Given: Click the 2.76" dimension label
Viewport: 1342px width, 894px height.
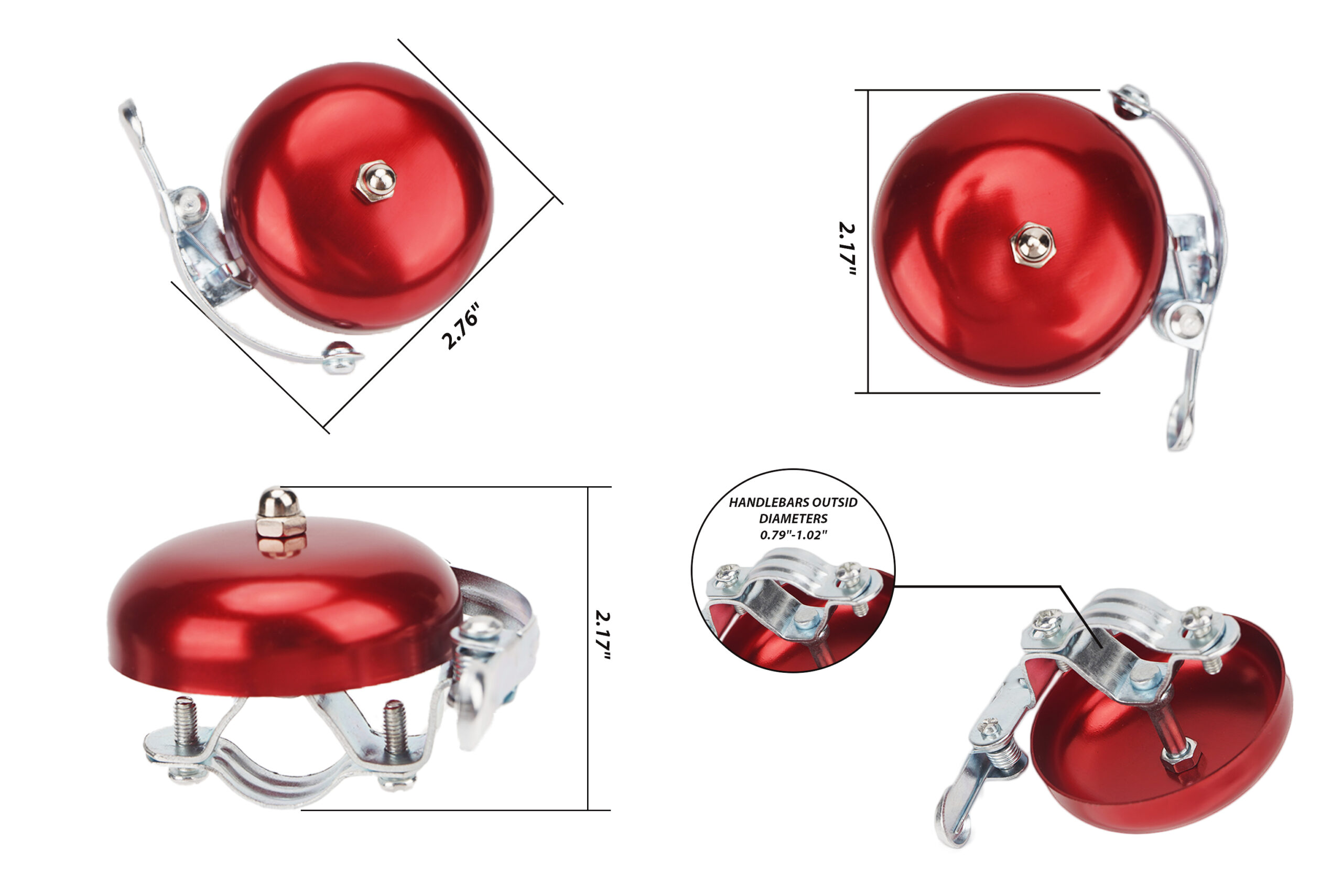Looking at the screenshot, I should pos(460,326).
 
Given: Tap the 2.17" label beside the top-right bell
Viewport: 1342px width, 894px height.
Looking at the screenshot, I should pos(848,248).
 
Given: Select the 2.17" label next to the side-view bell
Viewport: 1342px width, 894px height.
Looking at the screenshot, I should pos(602,636).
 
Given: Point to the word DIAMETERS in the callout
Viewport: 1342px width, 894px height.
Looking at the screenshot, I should pos(793,519).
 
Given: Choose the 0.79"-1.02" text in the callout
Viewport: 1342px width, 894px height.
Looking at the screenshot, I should pos(793,536).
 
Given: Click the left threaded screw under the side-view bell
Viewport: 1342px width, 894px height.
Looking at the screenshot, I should pos(186,722).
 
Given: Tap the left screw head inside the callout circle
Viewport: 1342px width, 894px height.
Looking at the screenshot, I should pos(728,571).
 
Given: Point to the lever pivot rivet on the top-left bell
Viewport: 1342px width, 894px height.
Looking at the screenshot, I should pos(188,201).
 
